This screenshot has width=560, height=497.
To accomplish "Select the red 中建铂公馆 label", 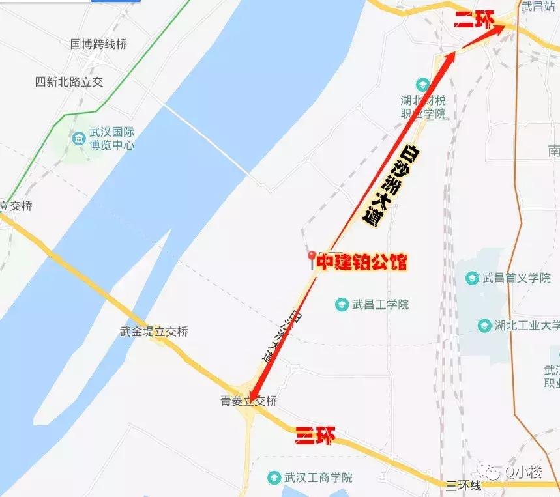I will click(362, 262).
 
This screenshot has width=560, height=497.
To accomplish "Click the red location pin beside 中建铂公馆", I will click(312, 258).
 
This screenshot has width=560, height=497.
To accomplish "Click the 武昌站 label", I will click(538, 7).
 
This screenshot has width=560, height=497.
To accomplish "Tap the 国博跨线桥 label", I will click(98, 44).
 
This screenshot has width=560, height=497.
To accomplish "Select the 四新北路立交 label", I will click(69, 82).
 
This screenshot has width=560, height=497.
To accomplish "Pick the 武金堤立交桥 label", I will click(154, 332).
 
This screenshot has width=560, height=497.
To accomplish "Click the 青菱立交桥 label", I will click(249, 401).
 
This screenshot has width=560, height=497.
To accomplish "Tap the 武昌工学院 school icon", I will click(341, 304).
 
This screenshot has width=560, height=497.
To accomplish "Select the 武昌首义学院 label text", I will click(516, 278).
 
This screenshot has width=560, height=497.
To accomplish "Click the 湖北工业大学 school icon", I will click(484, 325).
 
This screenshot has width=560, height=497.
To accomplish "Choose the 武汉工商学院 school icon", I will click(274, 478).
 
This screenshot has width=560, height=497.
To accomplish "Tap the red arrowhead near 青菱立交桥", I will click(253, 395).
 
